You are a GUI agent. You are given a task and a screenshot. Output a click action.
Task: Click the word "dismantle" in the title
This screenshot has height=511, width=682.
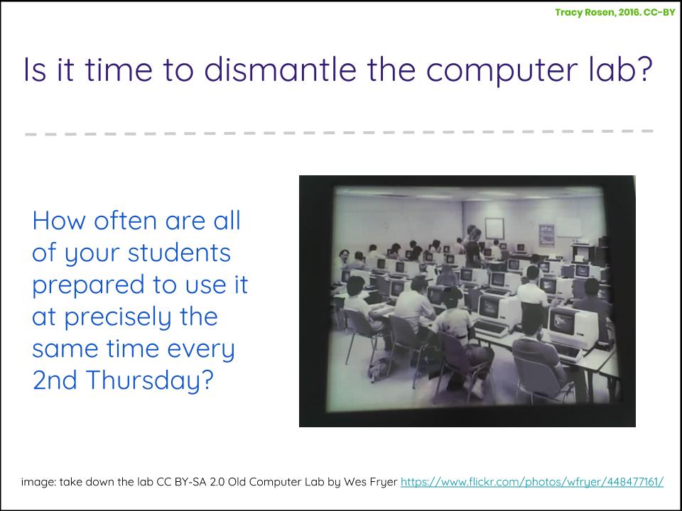tap(280, 70)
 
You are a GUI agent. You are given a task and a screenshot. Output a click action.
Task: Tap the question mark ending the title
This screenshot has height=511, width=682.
tap(645, 70)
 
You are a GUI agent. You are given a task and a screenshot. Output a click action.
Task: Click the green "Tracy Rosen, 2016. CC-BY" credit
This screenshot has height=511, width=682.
tap(615, 12)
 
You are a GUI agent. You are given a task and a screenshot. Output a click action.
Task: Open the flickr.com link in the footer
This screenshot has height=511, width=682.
tap(532, 482)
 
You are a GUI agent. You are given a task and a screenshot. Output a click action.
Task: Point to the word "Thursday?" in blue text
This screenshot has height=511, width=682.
tap(149, 380)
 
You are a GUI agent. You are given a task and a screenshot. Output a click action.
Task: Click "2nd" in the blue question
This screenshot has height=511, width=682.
tap(55, 380)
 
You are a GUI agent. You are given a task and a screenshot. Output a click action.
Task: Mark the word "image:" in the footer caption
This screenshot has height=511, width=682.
tap(38, 483)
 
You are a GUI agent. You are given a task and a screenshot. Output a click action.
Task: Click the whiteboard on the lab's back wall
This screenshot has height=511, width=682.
tap(494, 229)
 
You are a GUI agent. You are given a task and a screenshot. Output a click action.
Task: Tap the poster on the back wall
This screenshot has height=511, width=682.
tap(547, 235)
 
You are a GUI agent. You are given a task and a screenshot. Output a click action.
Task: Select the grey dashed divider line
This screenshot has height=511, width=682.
tap(340, 133)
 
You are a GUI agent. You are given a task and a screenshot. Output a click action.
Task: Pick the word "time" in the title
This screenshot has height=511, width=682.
tap(119, 70)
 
